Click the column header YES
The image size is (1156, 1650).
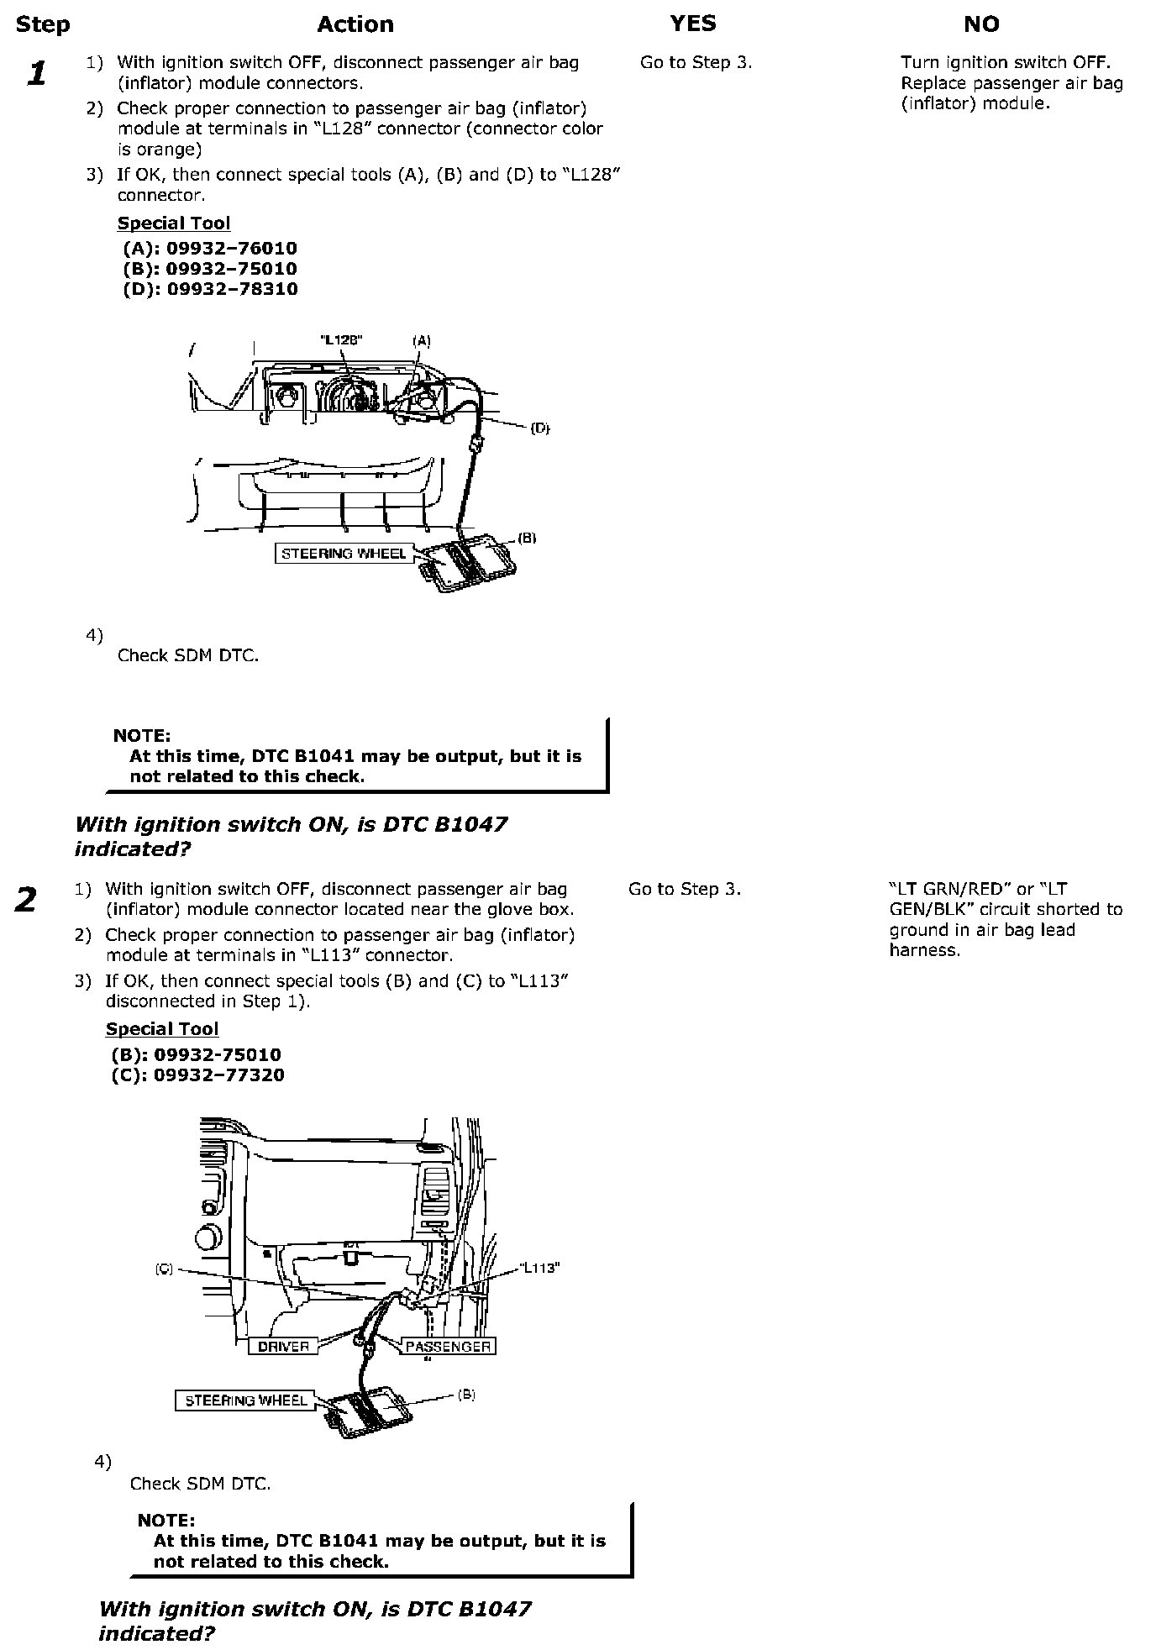[693, 24]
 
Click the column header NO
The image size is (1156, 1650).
[981, 24]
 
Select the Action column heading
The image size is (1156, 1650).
[355, 24]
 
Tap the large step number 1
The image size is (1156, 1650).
[36, 74]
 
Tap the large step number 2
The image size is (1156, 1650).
[26, 900]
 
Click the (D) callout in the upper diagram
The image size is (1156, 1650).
[539, 428]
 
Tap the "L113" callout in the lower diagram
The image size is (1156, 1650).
[539, 1269]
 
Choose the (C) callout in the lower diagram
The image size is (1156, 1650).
[164, 1269]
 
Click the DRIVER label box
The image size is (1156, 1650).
[283, 1347]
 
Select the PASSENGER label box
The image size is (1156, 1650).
[448, 1347]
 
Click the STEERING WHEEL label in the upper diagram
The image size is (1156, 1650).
[344, 554]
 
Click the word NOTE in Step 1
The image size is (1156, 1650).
[142, 736]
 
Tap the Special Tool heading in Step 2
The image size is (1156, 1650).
[162, 1029]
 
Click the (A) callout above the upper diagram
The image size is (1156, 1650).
[421, 341]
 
